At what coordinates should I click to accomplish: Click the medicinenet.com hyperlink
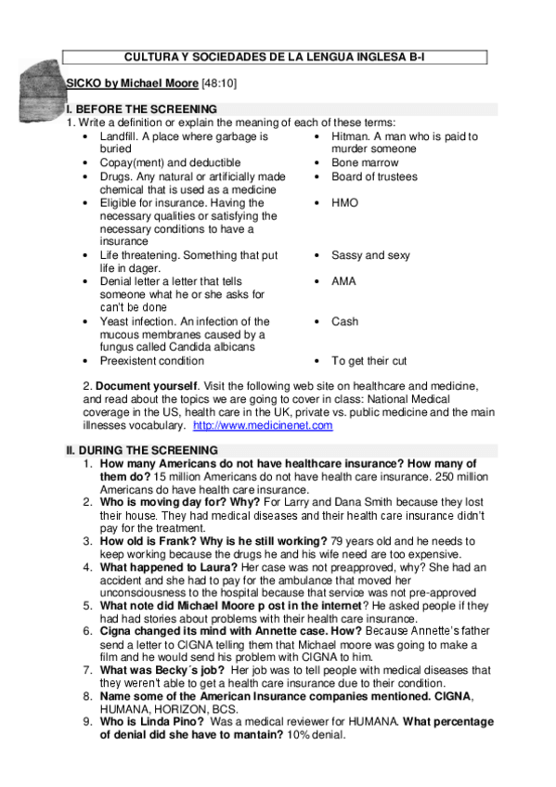tap(263, 425)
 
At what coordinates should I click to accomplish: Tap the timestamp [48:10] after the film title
tap(220, 83)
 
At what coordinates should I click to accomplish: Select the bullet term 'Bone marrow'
tap(364, 162)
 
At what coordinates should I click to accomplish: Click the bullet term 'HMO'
tap(344, 202)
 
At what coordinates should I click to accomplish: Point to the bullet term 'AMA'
tap(343, 280)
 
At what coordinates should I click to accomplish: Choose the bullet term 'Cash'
tap(344, 321)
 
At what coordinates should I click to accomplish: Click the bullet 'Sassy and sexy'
tap(370, 255)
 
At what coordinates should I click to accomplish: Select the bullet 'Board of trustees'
tap(374, 176)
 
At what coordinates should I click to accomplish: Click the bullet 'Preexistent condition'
tap(151, 361)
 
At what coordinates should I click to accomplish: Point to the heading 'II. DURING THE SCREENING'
tap(141, 451)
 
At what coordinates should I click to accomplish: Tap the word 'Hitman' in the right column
tap(349, 136)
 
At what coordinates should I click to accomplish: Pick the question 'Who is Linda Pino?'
tap(153, 721)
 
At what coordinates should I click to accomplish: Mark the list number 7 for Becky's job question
tap(87, 669)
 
